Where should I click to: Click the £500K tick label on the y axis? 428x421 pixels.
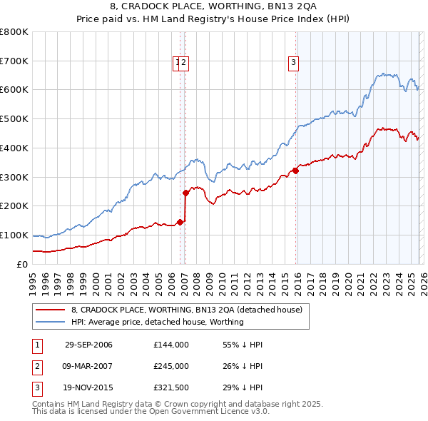tap(14, 119)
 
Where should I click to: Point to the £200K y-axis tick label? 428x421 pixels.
tap(14, 206)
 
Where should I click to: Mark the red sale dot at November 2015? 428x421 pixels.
tap(295, 171)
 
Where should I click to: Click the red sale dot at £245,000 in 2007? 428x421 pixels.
tap(185, 193)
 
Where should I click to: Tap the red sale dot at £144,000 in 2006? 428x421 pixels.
tap(180, 222)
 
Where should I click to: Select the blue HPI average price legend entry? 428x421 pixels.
tap(157, 322)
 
